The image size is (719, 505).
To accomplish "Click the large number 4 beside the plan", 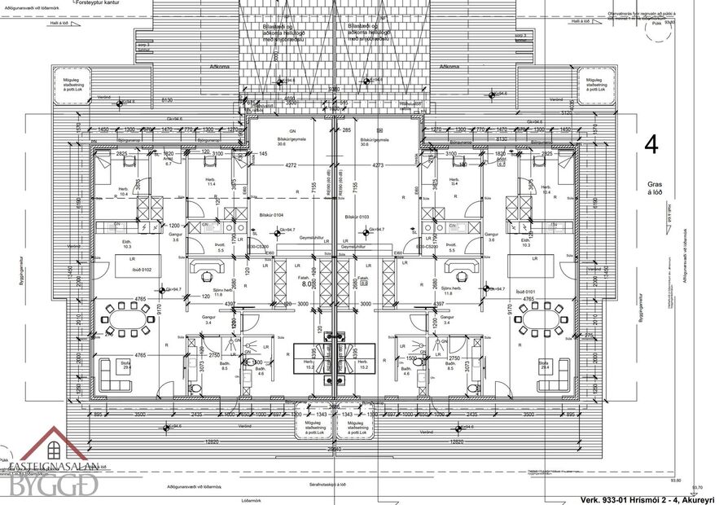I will (651, 145).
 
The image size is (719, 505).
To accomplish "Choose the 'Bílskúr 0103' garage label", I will (357, 217).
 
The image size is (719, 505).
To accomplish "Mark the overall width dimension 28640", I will (334, 449).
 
